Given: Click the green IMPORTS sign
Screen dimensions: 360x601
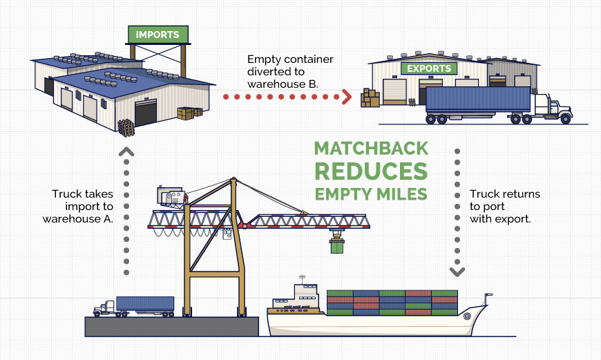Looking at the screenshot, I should pos(158,35).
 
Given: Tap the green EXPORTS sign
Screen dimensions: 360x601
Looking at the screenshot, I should pos(429,69).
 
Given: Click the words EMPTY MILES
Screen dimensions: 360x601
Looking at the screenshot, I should pos(371,194).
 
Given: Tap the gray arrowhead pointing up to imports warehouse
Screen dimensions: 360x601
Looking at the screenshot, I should pos(126,150).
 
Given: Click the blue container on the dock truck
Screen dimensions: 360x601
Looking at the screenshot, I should pos(145,303).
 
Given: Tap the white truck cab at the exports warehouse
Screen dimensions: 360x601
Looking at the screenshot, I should pos(552,107).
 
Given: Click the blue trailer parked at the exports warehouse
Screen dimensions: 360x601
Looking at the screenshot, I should pos(477,101).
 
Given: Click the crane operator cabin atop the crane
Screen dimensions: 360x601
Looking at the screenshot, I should pos(171,196).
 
